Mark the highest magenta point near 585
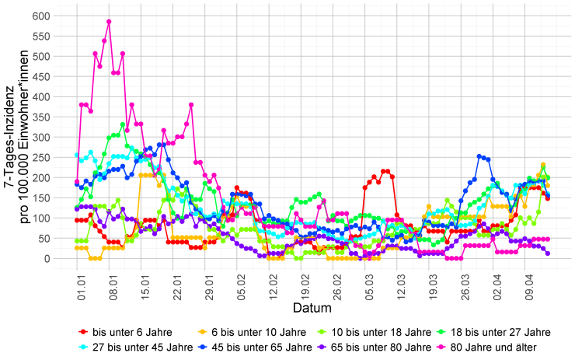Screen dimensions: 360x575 tap(109, 22)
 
